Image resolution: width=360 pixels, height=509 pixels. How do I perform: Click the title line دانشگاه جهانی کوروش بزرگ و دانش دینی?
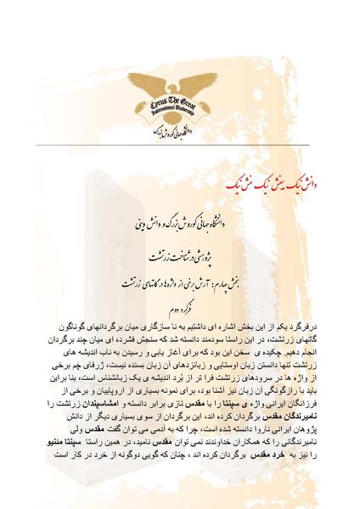click(x=179, y=224)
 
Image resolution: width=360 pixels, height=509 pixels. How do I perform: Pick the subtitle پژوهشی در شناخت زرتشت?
click(x=180, y=255)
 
